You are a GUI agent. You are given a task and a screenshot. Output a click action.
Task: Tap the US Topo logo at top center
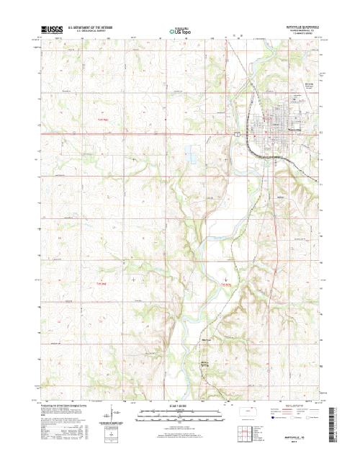pyautogui.click(x=179, y=31)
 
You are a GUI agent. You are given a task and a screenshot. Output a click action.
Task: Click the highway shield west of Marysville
pyautogui.click(x=235, y=133)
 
